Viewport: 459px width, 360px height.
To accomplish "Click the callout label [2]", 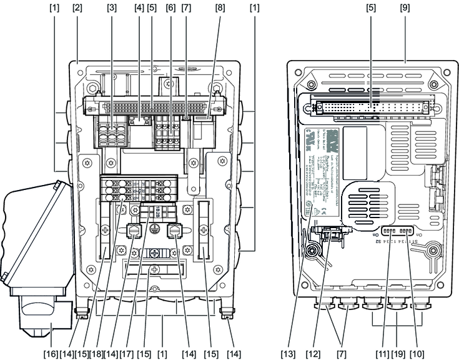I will point(77,8).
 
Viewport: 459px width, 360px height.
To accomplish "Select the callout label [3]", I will point(112,8).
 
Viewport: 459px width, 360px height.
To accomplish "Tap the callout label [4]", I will point(139,8).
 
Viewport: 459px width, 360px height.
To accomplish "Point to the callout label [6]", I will point(170,8).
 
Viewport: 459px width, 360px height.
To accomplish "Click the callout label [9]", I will point(406,8).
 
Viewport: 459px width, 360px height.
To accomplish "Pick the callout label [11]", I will point(379,354).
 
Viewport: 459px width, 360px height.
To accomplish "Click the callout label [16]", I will point(51,354).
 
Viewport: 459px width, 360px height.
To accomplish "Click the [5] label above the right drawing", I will point(370,8).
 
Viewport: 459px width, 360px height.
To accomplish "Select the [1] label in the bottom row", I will point(162,354).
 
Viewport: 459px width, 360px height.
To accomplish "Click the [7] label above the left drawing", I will point(186,8).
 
